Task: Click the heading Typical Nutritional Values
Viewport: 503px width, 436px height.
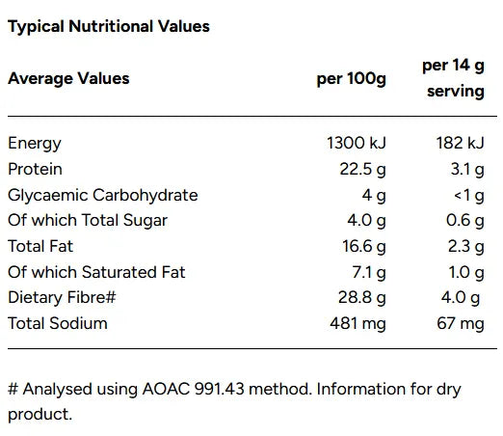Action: click(x=108, y=26)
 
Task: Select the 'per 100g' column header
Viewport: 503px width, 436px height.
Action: click(x=351, y=78)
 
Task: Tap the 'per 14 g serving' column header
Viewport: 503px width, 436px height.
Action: click(x=453, y=78)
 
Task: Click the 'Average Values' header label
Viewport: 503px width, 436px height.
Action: click(x=68, y=78)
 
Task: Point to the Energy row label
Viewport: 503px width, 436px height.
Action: click(x=35, y=144)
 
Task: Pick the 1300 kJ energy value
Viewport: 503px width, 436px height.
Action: click(x=357, y=144)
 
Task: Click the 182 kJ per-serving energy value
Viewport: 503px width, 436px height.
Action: click(x=460, y=144)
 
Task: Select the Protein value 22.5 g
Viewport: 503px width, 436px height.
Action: click(x=360, y=169)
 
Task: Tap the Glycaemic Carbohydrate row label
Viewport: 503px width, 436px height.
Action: click(x=102, y=195)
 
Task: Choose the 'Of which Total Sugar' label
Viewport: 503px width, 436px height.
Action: click(x=88, y=220)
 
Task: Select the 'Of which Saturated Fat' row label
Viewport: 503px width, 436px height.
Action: click(x=96, y=272)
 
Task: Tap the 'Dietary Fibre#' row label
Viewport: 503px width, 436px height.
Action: click(x=62, y=297)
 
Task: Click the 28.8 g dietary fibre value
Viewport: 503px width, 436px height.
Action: click(x=360, y=297)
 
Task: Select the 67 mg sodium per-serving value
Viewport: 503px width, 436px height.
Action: click(x=460, y=323)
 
